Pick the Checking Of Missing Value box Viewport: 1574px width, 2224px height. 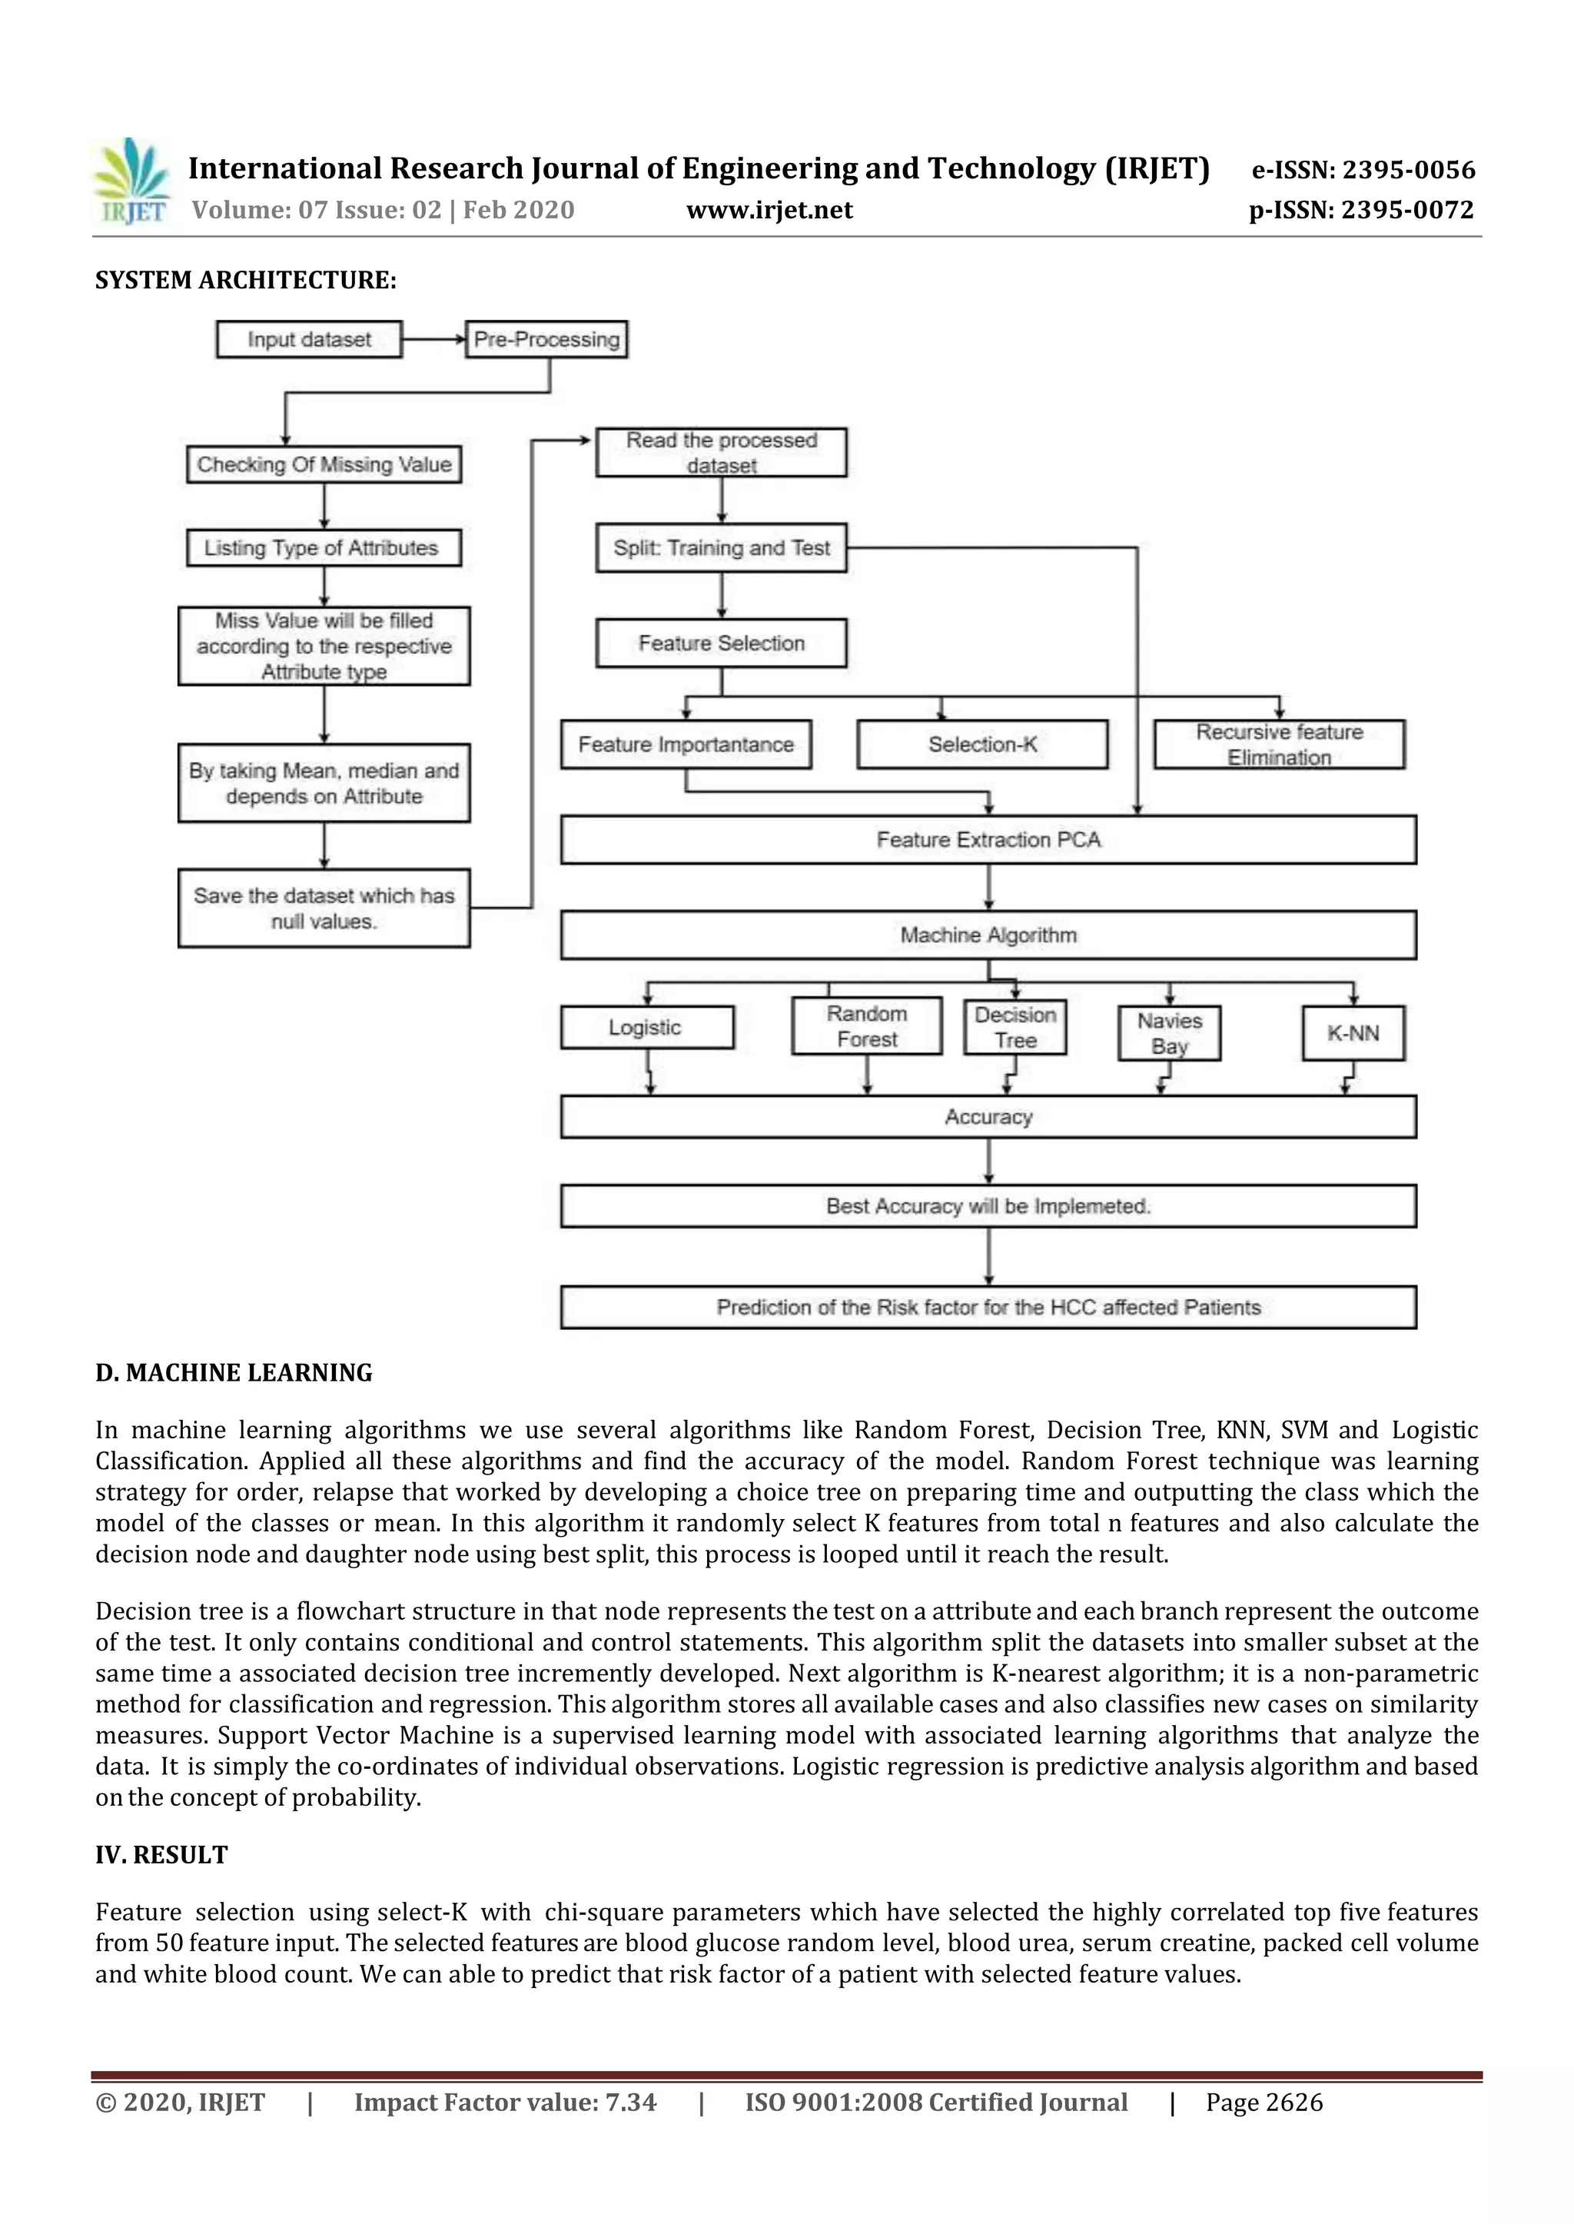tap(324, 464)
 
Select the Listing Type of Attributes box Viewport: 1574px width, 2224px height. tap(324, 548)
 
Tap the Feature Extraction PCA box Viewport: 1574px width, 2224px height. tap(988, 839)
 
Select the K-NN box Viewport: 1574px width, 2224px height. tap(1353, 1033)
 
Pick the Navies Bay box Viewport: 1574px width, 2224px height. tap(1169, 1033)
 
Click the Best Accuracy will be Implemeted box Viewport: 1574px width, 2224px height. tap(988, 1206)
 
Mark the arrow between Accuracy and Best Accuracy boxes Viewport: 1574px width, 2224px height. tap(988, 1161)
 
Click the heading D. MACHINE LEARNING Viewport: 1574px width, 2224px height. tap(234, 1373)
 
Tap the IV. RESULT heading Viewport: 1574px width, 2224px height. tap(162, 1855)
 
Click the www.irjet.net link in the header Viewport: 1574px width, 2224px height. tap(769, 211)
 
